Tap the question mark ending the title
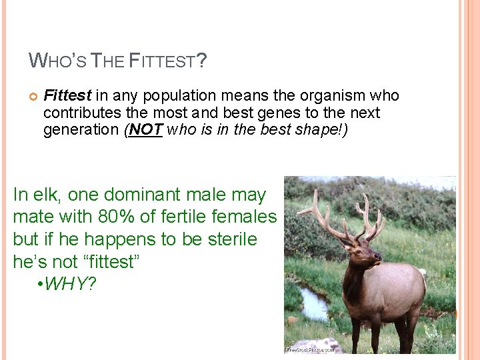(202, 62)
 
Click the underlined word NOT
(145, 129)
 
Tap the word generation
(81, 129)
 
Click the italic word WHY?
(72, 284)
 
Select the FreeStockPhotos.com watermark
(310, 349)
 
